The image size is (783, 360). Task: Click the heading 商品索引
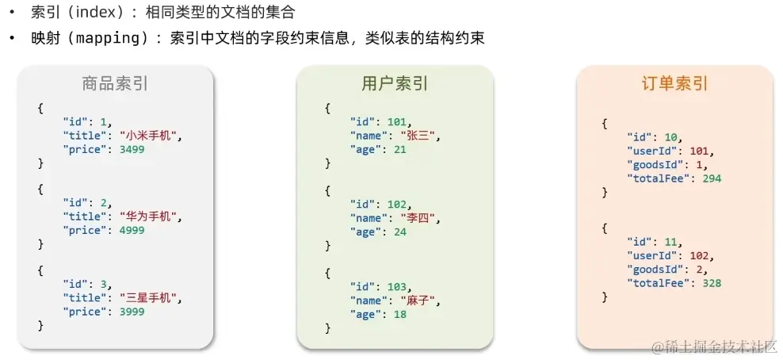tap(115, 84)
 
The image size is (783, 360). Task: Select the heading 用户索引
tap(395, 84)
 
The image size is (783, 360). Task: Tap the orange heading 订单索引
tap(674, 84)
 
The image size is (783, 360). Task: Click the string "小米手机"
tap(148, 136)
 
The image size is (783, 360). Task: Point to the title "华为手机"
tap(148, 216)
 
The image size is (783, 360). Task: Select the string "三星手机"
tap(148, 298)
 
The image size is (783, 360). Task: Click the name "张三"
tap(418, 136)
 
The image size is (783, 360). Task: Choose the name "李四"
tap(418, 216)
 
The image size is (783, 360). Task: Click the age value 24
tap(399, 231)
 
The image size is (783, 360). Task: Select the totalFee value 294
tap(711, 178)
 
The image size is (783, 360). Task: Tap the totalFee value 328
tap(711, 283)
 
